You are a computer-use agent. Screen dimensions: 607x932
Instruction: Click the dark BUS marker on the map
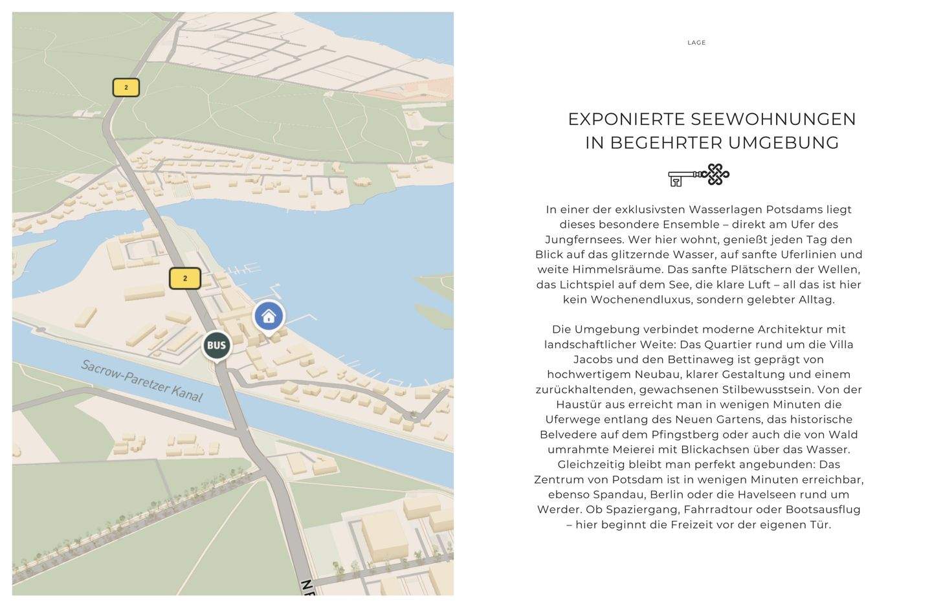click(x=216, y=345)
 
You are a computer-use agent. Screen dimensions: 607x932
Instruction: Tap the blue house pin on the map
click(x=269, y=316)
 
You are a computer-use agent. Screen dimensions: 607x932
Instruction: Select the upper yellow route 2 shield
click(x=126, y=87)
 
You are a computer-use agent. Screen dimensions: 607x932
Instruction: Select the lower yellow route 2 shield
click(x=185, y=278)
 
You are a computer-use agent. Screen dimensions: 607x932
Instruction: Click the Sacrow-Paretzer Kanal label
click(x=142, y=381)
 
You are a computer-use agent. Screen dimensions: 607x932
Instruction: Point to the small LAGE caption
click(x=696, y=43)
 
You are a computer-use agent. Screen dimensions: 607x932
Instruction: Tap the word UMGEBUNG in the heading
click(x=784, y=143)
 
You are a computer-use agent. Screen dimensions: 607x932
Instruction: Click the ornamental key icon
click(x=698, y=175)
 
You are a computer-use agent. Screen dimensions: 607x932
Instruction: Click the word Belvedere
click(x=566, y=434)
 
